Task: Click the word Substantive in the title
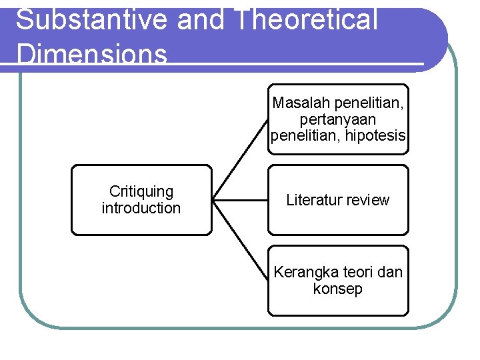pyautogui.click(x=91, y=20)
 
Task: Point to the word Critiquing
pyautogui.click(x=141, y=191)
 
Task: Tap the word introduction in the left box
pyautogui.click(x=141, y=208)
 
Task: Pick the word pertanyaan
pyautogui.click(x=338, y=119)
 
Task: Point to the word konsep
pyautogui.click(x=338, y=289)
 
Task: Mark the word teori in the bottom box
pyautogui.click(x=357, y=273)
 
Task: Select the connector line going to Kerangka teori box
pyautogui.click(x=240, y=241)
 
